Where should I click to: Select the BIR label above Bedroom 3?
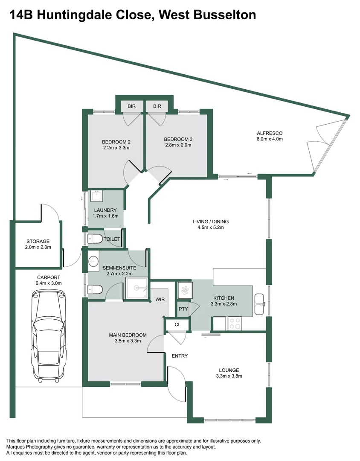157,106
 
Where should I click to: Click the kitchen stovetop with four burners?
235,324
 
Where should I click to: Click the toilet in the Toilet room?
95,239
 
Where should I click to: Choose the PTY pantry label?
183,309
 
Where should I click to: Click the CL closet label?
178,324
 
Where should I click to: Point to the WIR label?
160,300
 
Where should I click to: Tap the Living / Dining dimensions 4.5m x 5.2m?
211,228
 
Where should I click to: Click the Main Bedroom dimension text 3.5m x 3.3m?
128,341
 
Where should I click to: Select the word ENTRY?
180,356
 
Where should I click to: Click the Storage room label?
38,242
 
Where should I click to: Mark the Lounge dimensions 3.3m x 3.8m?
229,376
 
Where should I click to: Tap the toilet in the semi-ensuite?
96,290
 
